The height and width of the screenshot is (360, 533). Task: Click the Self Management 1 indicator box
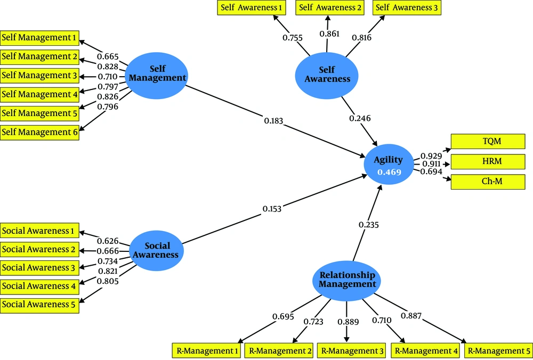pyautogui.click(x=39, y=38)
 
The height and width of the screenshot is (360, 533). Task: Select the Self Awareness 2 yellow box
pyautogui.click(x=330, y=7)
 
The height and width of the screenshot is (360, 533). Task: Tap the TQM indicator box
pyautogui.click(x=488, y=141)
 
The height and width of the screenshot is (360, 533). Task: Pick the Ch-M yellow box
pyautogui.click(x=488, y=182)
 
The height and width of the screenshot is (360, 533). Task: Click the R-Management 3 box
pyautogui.click(x=351, y=350)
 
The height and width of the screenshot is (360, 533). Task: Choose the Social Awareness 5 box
pyautogui.click(x=39, y=304)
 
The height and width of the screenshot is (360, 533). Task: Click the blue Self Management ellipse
pyautogui.click(x=157, y=76)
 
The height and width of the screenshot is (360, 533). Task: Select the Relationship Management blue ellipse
pyautogui.click(x=347, y=281)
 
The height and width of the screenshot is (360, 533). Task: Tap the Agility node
pyautogui.click(x=389, y=165)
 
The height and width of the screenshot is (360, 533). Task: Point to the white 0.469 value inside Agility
pyautogui.click(x=389, y=172)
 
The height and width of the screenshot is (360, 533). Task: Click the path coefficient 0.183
pyautogui.click(x=273, y=120)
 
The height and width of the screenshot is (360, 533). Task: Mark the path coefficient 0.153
pyautogui.click(x=272, y=209)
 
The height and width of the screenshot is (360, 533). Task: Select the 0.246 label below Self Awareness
pyautogui.click(x=360, y=118)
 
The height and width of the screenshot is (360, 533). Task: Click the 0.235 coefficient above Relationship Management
pyautogui.click(x=369, y=225)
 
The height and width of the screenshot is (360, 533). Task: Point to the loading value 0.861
pyautogui.click(x=329, y=34)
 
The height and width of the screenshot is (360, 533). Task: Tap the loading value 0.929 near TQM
pyautogui.click(x=431, y=156)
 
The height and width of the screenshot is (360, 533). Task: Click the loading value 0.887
pyautogui.click(x=411, y=316)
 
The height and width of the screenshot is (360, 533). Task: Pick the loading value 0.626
pyautogui.click(x=108, y=241)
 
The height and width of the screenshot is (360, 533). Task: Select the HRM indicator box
pyautogui.click(x=488, y=161)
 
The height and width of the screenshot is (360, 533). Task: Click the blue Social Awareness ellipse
pyautogui.click(x=157, y=250)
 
